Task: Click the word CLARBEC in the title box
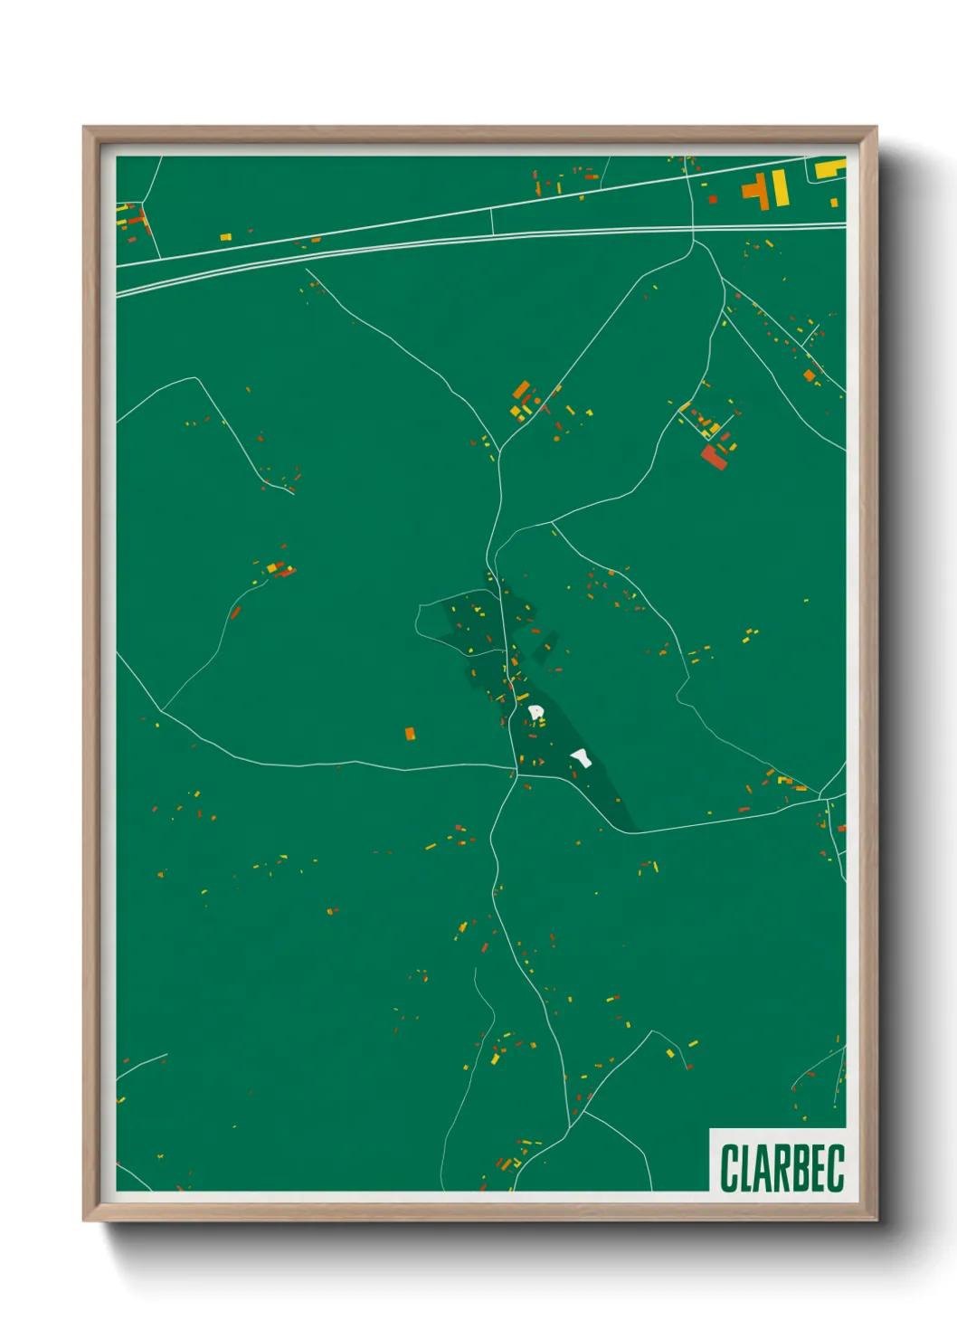(x=782, y=1167)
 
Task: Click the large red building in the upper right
(x=713, y=456)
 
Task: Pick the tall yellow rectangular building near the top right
(x=779, y=188)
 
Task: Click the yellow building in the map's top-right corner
(x=829, y=168)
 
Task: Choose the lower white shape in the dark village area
(x=582, y=757)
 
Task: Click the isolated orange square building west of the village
(x=410, y=733)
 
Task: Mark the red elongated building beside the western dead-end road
(x=236, y=613)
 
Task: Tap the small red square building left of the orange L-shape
(x=713, y=199)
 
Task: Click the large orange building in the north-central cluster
(x=521, y=390)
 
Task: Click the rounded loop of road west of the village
(x=420, y=622)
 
